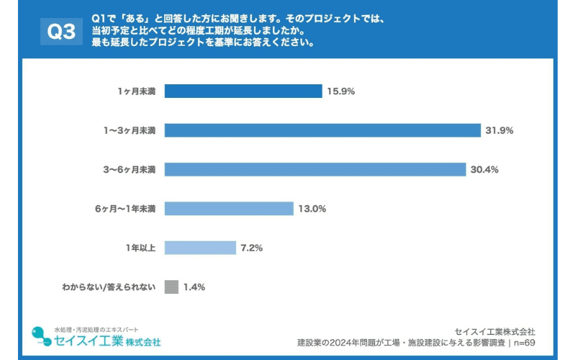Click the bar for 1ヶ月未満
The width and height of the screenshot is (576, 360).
243,91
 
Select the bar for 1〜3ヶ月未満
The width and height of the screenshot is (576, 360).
322,130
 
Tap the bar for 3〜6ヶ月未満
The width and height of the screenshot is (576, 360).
315,169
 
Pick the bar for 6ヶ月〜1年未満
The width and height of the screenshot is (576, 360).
229,209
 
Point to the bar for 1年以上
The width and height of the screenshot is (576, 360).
200,248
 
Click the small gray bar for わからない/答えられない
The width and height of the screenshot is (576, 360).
171,287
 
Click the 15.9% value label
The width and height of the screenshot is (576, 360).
341,91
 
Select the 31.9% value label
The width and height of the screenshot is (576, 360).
499,130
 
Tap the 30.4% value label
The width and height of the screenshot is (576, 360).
485,169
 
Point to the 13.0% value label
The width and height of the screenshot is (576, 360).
312,209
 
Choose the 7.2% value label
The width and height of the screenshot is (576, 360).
251,248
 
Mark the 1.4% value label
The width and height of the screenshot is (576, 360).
194,287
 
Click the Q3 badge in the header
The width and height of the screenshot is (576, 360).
61,31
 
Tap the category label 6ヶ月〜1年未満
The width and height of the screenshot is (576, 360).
125,209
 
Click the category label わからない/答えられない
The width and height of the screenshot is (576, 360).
108,287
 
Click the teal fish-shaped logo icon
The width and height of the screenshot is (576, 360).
40,336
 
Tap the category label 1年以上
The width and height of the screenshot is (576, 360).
140,248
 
